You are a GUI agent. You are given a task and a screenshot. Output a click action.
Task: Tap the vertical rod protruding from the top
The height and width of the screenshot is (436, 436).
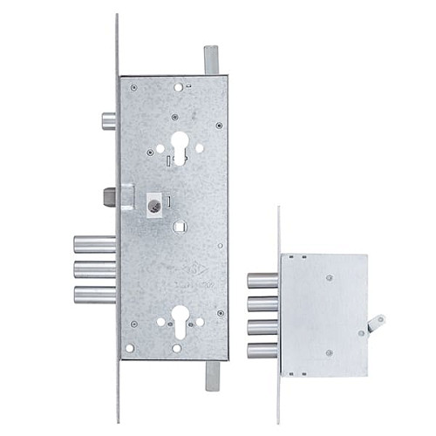(x=211, y=61)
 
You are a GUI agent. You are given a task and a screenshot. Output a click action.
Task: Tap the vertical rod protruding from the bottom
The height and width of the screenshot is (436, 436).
(x=211, y=375)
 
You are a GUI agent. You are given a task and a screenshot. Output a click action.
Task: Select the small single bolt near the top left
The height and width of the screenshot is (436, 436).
(x=109, y=120)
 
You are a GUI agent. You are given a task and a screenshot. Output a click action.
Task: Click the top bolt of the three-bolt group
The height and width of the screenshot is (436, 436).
(x=94, y=244)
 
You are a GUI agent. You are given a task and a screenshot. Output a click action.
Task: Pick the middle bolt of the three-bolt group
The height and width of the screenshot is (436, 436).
(x=94, y=269)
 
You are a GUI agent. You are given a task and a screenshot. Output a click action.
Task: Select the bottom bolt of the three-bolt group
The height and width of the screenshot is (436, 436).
(x=94, y=294)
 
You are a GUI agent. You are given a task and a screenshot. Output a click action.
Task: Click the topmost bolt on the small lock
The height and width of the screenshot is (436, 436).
(x=262, y=280)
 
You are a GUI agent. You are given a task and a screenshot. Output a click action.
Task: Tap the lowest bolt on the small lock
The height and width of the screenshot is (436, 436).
(x=262, y=351)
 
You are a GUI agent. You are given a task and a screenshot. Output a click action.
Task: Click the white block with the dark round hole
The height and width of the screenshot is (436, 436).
(x=155, y=206)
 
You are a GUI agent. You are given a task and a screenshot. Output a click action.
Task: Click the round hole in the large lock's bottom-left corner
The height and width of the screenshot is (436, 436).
(x=130, y=348)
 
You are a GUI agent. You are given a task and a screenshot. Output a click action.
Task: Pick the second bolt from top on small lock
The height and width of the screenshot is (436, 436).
(x=262, y=303)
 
